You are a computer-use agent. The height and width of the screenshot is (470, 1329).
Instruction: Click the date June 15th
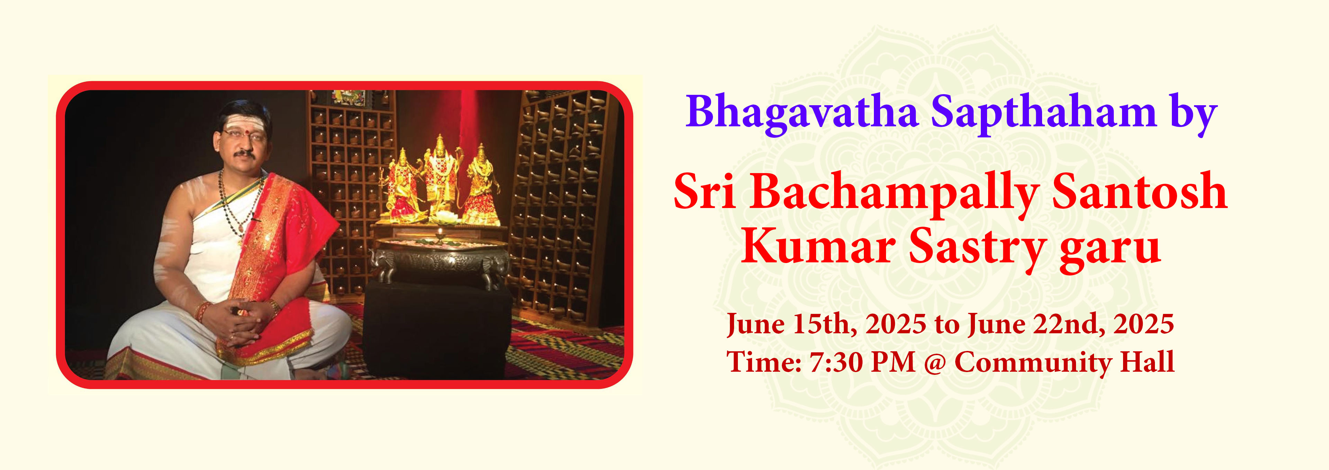[x=792, y=325]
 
